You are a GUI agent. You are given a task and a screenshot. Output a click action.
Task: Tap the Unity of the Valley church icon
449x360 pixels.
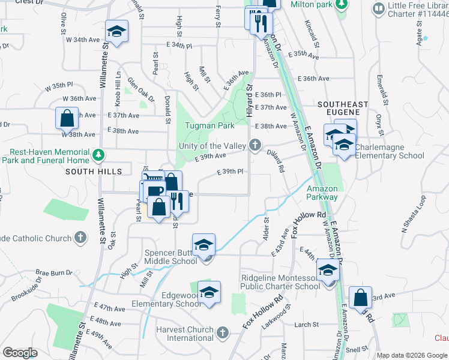[x=256, y=145]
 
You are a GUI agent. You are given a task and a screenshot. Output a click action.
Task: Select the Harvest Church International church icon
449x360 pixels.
[x=222, y=332]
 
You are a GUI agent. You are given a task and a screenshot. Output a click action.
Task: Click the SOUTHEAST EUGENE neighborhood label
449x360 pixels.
[x=343, y=108]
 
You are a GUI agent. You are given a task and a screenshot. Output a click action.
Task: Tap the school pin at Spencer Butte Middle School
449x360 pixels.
[x=204, y=245]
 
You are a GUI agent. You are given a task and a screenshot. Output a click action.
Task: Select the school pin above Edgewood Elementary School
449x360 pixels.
[x=209, y=293]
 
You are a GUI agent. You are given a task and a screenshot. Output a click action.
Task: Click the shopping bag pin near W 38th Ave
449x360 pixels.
[x=67, y=118]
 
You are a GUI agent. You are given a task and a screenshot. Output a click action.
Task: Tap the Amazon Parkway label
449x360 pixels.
[x=322, y=193]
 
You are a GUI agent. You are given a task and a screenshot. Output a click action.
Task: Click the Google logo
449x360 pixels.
[x=20, y=352]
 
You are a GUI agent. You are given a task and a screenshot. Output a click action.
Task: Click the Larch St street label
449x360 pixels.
[x=306, y=325]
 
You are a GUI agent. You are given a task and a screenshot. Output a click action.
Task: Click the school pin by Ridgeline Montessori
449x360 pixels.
[x=328, y=271]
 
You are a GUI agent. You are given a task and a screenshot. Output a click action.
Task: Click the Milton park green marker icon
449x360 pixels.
[x=342, y=5]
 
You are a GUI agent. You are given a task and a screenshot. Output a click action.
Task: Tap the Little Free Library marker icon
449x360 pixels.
[x=378, y=9]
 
